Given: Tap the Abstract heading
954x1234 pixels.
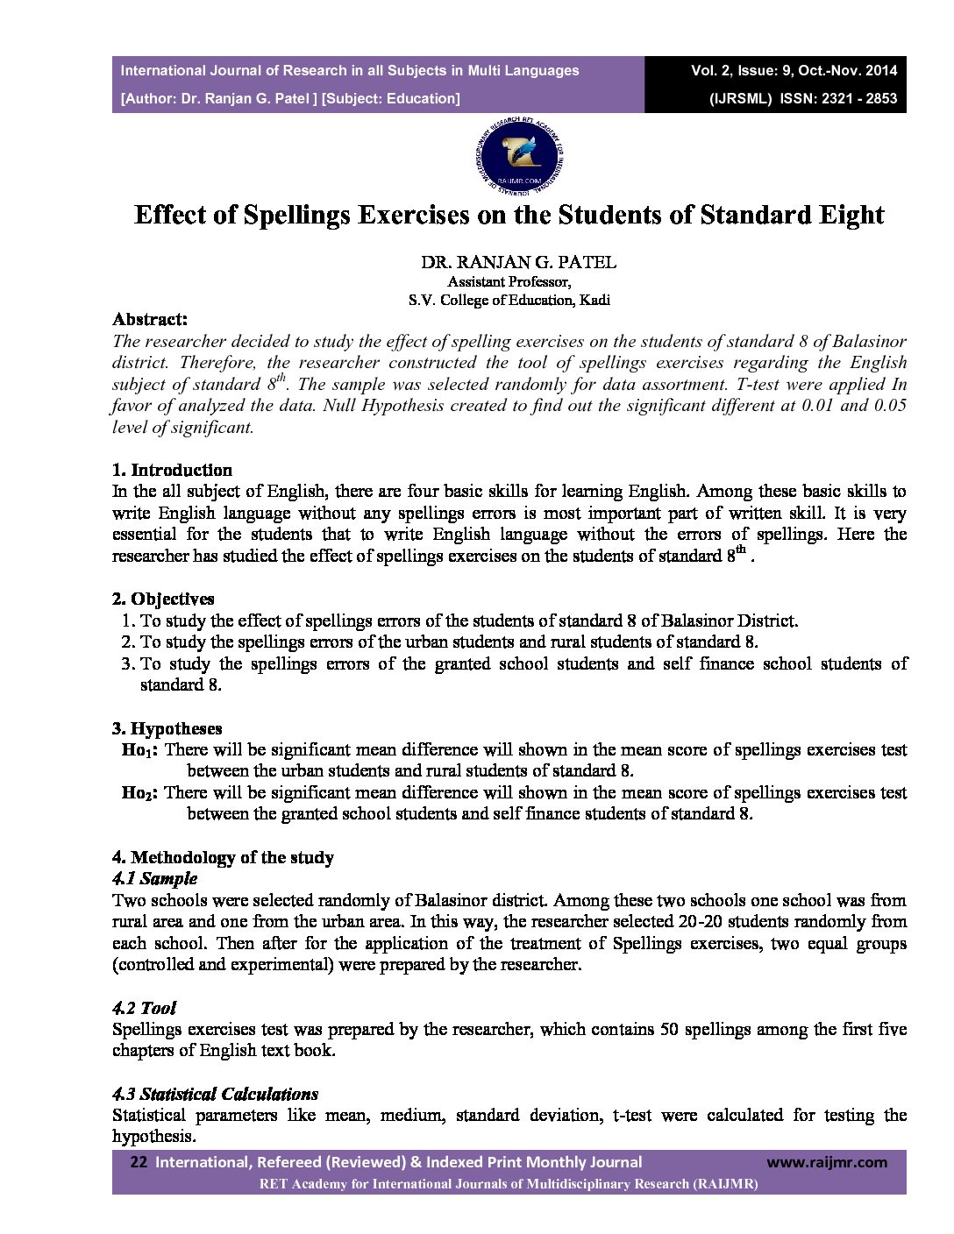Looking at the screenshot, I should (x=149, y=320).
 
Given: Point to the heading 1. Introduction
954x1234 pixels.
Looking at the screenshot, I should (x=172, y=470).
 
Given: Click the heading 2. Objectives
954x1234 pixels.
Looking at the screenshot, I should (x=163, y=599).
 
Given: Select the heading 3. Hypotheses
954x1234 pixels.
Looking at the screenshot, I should (x=167, y=728).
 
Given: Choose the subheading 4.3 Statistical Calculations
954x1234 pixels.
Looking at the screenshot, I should (x=215, y=1094).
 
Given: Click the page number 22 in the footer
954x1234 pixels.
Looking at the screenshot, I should (x=139, y=1162).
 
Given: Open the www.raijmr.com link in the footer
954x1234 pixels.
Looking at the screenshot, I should (x=827, y=1162).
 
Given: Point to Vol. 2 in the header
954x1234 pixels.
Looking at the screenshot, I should (x=709, y=70).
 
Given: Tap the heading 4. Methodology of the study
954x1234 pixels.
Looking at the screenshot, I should (x=223, y=857).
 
